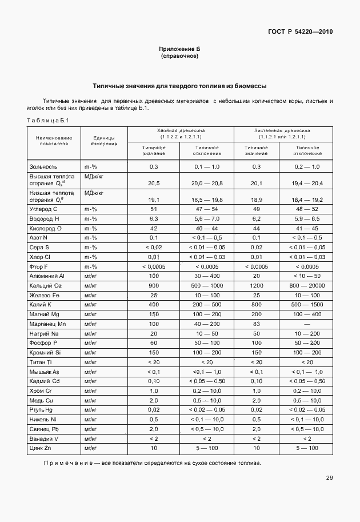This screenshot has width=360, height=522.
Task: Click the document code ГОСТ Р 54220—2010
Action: pyautogui.click(x=301, y=31)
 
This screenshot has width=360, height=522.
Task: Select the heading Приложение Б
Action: pyautogui.click(x=179, y=50)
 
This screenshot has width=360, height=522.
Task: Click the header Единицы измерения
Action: pyautogui.click(x=103, y=141)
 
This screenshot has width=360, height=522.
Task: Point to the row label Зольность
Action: pyautogui.click(x=43, y=166)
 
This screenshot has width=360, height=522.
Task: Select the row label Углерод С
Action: pyautogui.click(x=43, y=209)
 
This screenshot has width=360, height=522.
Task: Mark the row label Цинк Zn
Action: pyautogui.click(x=40, y=448)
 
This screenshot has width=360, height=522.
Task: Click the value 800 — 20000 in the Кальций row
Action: pyautogui.click(x=307, y=285)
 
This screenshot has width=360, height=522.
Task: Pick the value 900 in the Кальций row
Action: pyautogui.click(x=153, y=285)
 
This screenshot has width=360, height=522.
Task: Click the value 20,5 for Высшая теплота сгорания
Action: pyautogui.click(x=153, y=183)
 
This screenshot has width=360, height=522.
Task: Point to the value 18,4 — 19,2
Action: pyautogui.click(x=307, y=200)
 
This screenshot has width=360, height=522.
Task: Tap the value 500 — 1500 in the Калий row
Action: pyautogui.click(x=307, y=304)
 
